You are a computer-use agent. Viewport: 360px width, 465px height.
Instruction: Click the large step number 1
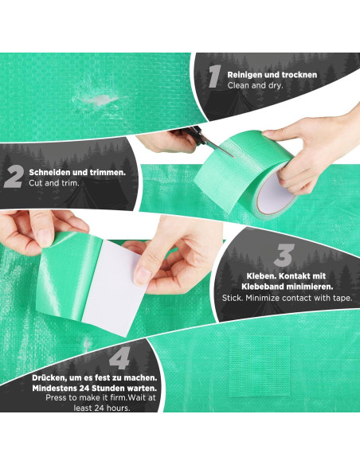coord(213,76)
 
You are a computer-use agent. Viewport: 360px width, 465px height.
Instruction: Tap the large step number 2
coord(14,177)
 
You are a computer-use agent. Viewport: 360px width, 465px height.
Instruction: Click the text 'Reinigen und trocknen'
coord(272,74)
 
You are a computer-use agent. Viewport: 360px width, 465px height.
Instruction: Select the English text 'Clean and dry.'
coord(254,84)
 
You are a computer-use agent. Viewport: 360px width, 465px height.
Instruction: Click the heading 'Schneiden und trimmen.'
coord(77,172)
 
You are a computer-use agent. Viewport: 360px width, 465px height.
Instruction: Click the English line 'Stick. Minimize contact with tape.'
coord(286,299)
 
